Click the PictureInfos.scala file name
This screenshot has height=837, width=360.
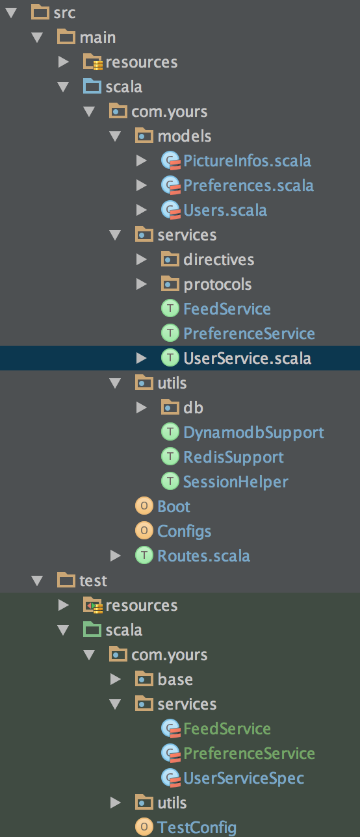(247, 161)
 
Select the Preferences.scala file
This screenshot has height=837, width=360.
(248, 185)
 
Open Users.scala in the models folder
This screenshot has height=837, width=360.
(225, 210)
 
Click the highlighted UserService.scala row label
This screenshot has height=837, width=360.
(247, 358)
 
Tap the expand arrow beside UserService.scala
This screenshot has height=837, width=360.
(141, 358)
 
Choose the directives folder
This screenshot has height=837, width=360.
(219, 259)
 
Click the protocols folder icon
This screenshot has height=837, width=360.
(170, 283)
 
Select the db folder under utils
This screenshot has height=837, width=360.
(193, 407)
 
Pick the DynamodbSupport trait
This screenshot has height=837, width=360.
(253, 432)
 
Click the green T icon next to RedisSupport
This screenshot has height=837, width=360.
(170, 457)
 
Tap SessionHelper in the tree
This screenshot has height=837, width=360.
(235, 482)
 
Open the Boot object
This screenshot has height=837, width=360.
(174, 506)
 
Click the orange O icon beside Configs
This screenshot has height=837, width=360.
(144, 530)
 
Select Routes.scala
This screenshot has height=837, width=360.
(204, 556)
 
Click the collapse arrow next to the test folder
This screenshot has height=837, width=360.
(37, 581)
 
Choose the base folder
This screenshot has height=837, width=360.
(175, 679)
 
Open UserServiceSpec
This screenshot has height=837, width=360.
(244, 779)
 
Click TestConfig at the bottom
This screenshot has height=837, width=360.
(197, 827)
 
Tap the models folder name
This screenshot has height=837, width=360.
(185, 136)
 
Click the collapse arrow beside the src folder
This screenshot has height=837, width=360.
(11, 13)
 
